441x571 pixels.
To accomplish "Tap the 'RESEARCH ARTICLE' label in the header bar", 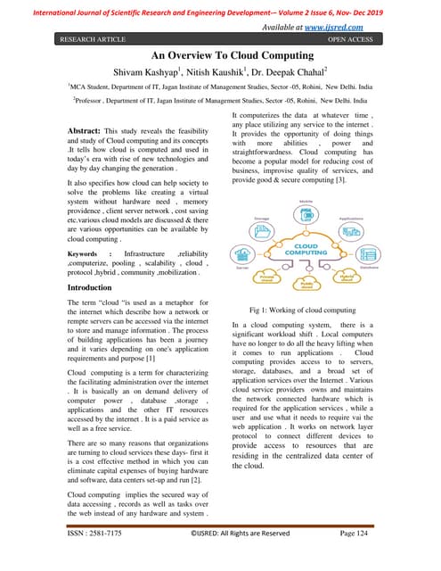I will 94,39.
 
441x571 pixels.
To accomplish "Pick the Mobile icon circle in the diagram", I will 305,214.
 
